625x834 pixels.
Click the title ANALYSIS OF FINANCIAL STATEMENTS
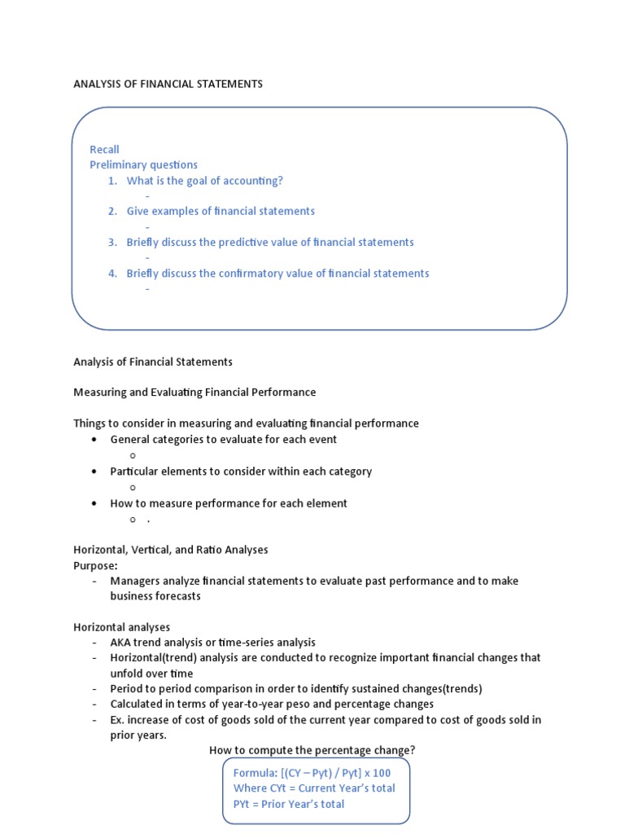(x=168, y=84)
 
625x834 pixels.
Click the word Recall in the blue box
(x=104, y=149)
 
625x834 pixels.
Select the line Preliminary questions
(x=143, y=165)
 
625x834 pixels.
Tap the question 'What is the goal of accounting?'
(x=204, y=181)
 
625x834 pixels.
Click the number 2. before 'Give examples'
(x=112, y=211)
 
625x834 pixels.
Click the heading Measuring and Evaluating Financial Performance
(x=194, y=393)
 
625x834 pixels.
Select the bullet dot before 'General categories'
(x=94, y=440)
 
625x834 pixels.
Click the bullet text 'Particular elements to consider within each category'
(x=241, y=471)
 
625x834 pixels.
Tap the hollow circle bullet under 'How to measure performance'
(x=132, y=520)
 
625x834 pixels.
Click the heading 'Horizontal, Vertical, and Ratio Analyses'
(x=170, y=550)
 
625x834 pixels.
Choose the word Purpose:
(x=95, y=565)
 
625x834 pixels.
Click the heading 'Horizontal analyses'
(x=121, y=627)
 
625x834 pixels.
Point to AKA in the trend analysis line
(x=121, y=643)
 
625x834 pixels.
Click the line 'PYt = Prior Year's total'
(x=288, y=804)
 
